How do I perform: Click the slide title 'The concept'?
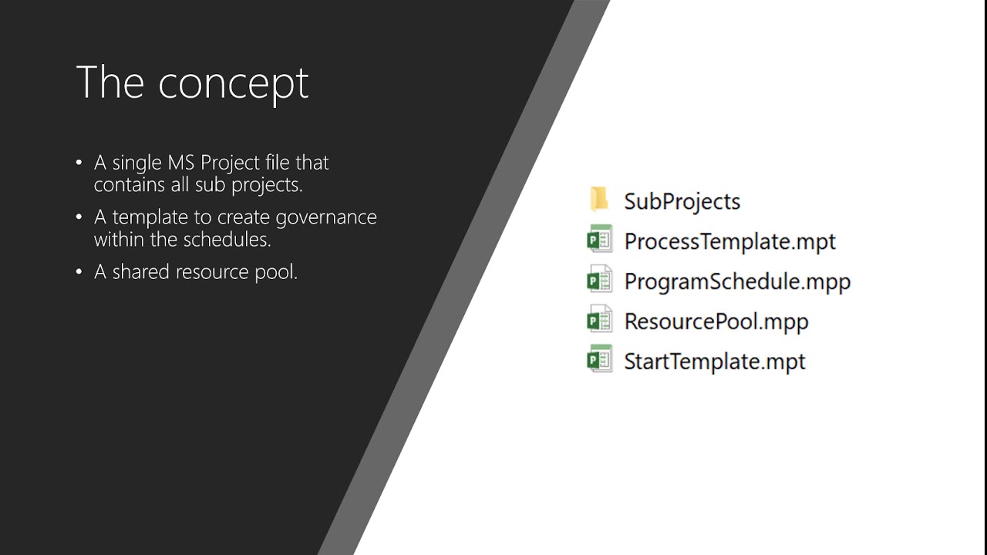(192, 82)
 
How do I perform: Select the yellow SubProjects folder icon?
(599, 200)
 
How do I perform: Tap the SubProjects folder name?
(682, 201)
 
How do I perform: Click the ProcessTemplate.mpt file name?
(729, 241)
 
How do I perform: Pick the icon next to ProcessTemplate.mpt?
(599, 240)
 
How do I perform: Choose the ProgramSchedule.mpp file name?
(737, 281)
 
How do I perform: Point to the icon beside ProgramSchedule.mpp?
(599, 280)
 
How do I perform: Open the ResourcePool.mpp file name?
(716, 321)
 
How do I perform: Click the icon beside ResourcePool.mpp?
(599, 320)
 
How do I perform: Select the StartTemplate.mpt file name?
(714, 362)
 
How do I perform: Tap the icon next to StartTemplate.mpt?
(599, 360)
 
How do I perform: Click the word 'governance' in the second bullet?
(326, 218)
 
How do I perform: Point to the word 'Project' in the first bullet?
(230, 163)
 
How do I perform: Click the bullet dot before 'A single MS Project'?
(79, 163)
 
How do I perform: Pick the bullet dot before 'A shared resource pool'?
(79, 272)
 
